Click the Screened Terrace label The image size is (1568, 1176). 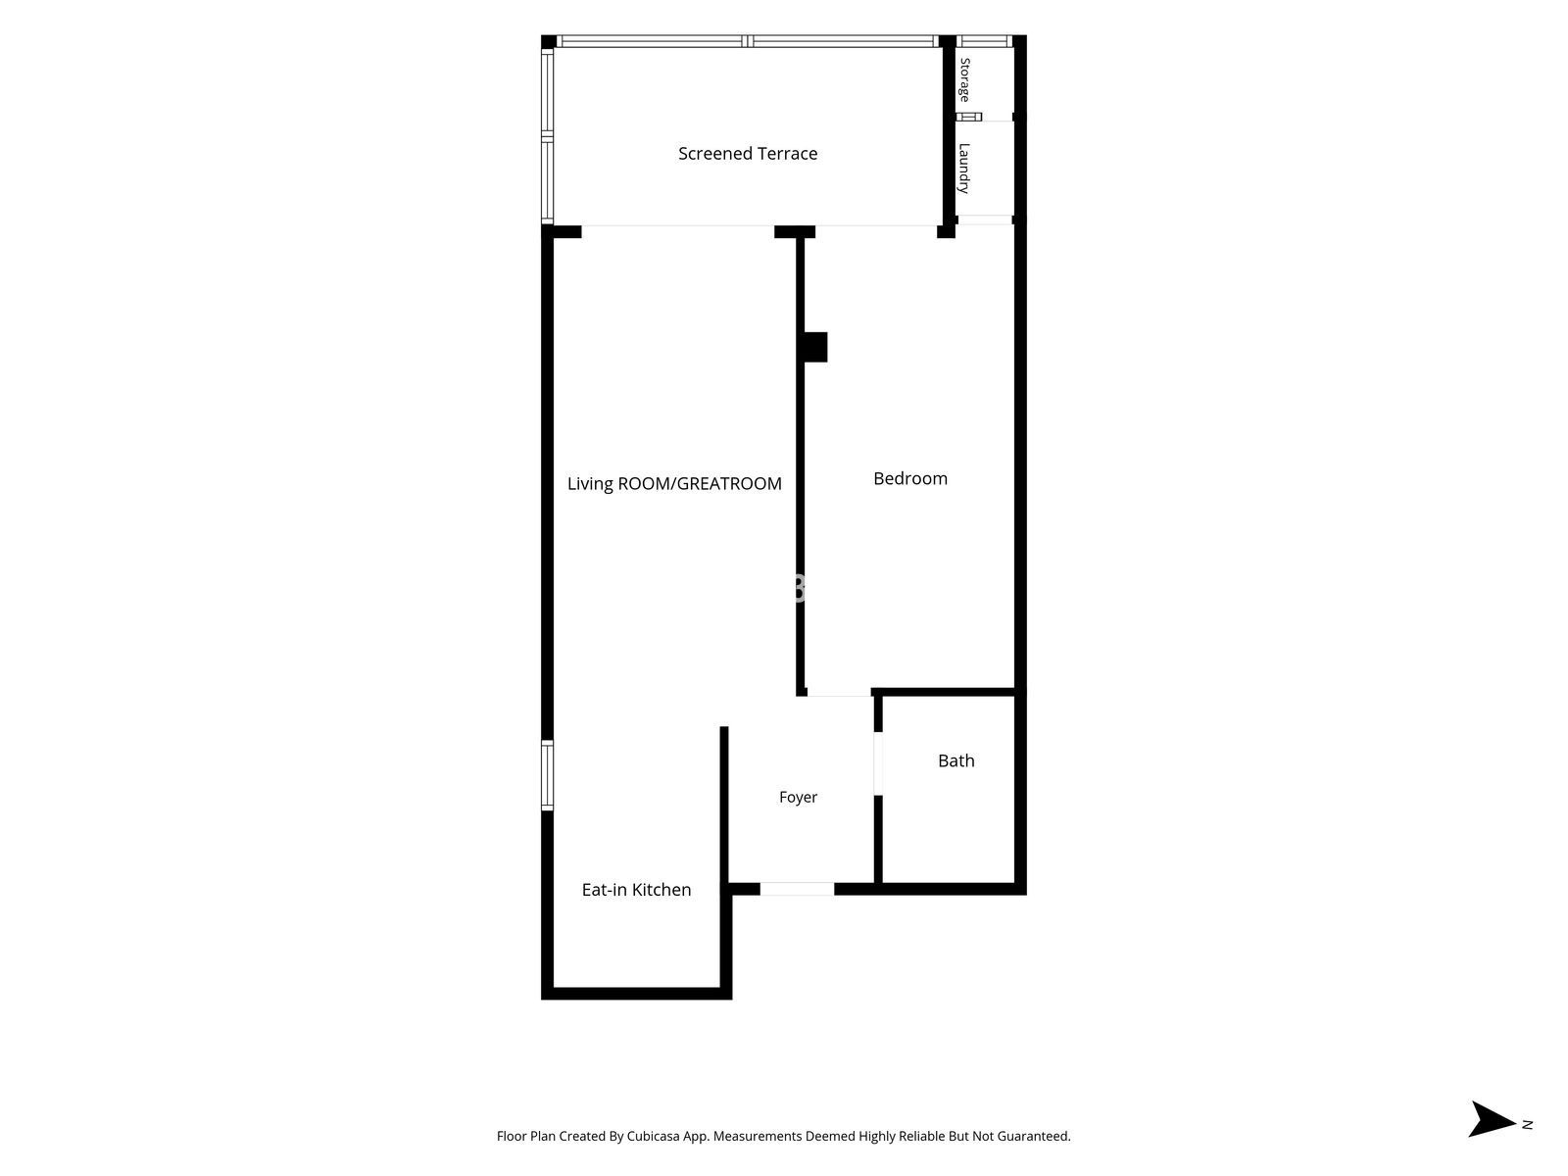tap(747, 154)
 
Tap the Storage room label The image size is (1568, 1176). tap(964, 80)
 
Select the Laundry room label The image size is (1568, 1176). tap(964, 169)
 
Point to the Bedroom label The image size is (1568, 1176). tap(910, 478)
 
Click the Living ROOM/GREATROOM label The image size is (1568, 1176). tap(674, 483)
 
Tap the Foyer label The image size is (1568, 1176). tap(798, 797)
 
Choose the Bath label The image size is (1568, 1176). tap(955, 760)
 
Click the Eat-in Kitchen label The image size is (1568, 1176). tap(636, 890)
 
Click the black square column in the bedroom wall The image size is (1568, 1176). tap(815, 347)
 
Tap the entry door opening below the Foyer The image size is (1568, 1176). tap(797, 889)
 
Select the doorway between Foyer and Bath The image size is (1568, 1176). tap(878, 763)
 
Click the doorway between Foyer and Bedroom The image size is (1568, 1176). tap(839, 693)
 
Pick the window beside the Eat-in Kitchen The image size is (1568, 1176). tap(547, 775)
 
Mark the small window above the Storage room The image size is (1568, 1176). tap(984, 41)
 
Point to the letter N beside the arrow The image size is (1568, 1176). tap(1527, 1125)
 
